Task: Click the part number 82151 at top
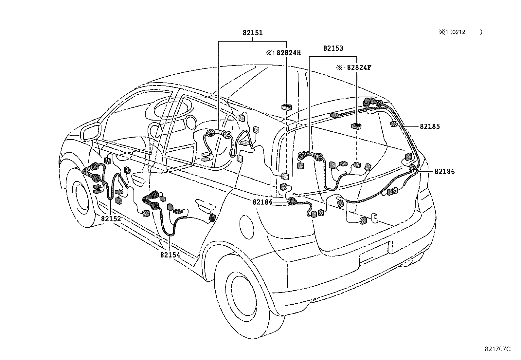tap(253, 33)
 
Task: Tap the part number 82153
tap(333, 48)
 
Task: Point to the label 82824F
tap(359, 67)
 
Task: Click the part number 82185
tap(430, 126)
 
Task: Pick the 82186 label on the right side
tap(444, 171)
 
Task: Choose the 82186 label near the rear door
tap(262, 202)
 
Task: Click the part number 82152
tap(111, 219)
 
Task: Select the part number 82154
tap(170, 255)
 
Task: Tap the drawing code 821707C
tap(497, 349)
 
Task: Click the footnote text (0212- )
tap(465, 32)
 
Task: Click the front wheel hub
tap(80, 199)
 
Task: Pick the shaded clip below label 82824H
tap(286, 106)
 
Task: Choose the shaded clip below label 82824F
tap(356, 126)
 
